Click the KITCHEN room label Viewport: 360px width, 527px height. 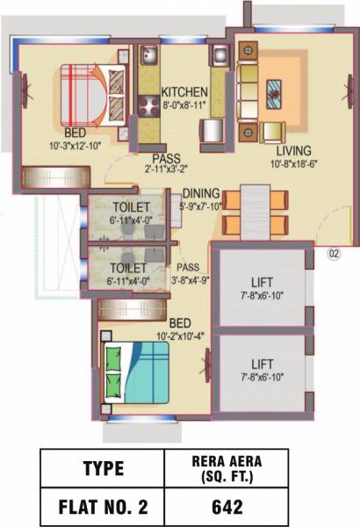(x=184, y=92)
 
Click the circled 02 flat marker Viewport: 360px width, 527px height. (x=333, y=256)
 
